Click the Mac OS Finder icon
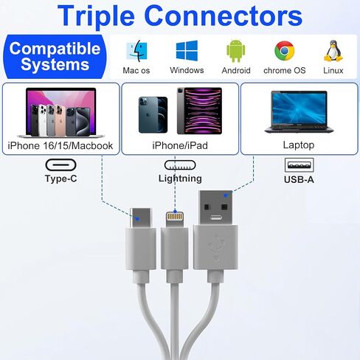[136, 51]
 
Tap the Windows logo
[187, 51]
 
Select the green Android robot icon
[235, 51]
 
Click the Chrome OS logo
[284, 51]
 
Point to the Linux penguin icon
[333, 51]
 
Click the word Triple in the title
[96, 16]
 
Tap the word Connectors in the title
[224, 15]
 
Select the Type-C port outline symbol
[60, 165]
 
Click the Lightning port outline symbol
[180, 165]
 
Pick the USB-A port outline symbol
[299, 165]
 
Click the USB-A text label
[299, 179]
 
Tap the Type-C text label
[60, 179]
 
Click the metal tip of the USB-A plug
[215, 207]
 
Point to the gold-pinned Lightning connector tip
[175, 220]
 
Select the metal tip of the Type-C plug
[141, 218]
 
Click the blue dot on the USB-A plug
[226, 195]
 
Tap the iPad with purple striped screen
[199, 111]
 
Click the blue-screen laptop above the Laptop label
[299, 112]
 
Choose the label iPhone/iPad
[180, 145]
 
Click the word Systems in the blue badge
[55, 64]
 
